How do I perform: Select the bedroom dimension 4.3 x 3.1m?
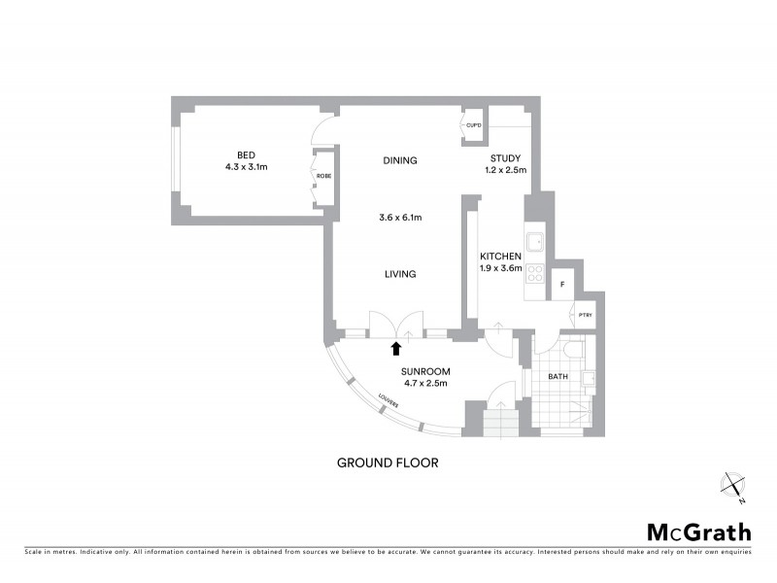pyautogui.click(x=246, y=167)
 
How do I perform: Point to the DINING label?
pyautogui.click(x=399, y=160)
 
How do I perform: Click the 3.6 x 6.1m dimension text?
pyautogui.click(x=399, y=218)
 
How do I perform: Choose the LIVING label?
pyautogui.click(x=399, y=274)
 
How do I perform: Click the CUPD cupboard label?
pyautogui.click(x=474, y=126)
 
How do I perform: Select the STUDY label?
pyautogui.click(x=505, y=158)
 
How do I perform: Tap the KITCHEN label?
pyautogui.click(x=501, y=256)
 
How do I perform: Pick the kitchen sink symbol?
pyautogui.click(x=535, y=242)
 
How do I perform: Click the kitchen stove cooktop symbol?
pyautogui.click(x=535, y=276)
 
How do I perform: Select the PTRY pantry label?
pyautogui.click(x=585, y=315)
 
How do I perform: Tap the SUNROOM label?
pyautogui.click(x=425, y=370)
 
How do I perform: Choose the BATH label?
pyautogui.click(x=557, y=376)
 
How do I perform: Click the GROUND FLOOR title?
pyautogui.click(x=388, y=463)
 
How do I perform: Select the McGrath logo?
pyautogui.click(x=698, y=532)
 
